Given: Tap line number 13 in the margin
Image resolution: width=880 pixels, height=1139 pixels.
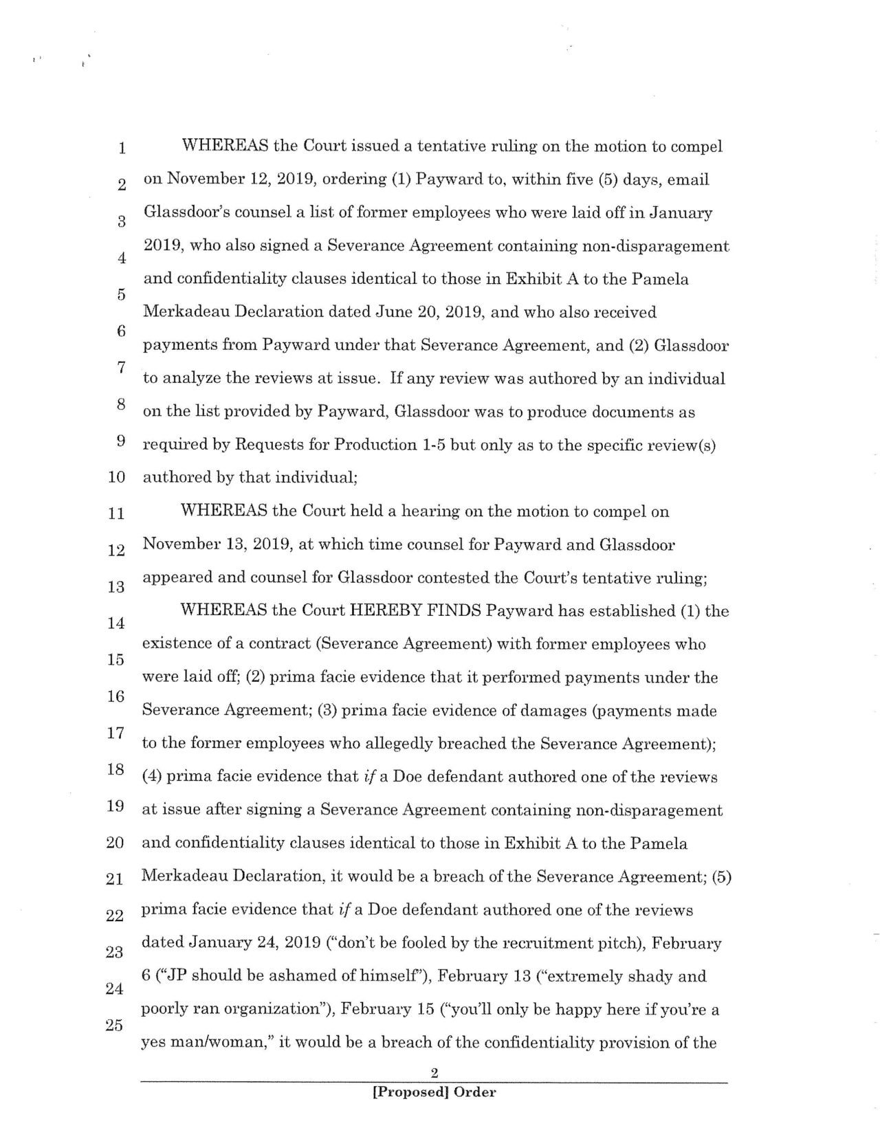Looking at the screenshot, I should coord(116,587).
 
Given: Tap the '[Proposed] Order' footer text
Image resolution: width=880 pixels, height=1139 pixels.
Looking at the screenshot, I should coord(434,1092).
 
